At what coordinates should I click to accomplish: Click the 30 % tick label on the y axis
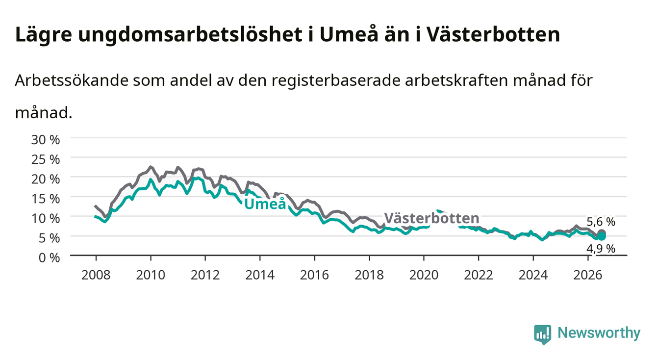coord(46,140)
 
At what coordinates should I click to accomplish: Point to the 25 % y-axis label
coord(46,159)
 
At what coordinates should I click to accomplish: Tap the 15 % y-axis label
coord(46,199)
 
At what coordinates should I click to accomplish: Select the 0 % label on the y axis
coord(49,257)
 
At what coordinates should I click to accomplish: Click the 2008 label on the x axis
coord(96,275)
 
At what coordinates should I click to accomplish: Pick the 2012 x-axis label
coord(205,275)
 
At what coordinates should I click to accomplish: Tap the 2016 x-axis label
coord(314,275)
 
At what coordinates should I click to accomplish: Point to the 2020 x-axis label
coord(424,275)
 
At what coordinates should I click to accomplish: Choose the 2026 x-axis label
coord(588,275)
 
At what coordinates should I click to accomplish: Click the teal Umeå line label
coord(265,204)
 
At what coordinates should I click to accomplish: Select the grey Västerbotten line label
coord(431,218)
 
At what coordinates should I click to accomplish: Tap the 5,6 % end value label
coord(601,222)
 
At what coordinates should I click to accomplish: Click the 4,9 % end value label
coord(601,249)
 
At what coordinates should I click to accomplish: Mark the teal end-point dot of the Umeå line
coord(602,236)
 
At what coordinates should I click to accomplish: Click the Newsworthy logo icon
coord(542,334)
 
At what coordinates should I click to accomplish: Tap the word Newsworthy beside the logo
coord(599,333)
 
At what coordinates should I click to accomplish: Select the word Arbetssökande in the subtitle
coord(72,80)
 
